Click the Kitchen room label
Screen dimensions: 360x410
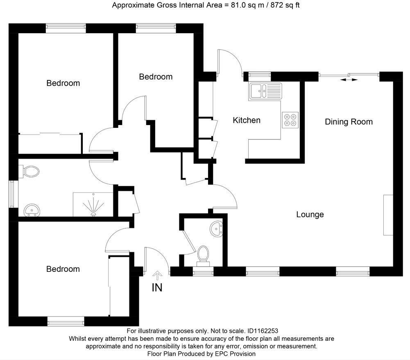[x=247, y=120]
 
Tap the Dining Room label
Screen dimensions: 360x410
[x=349, y=122]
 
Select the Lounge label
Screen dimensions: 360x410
[x=310, y=214]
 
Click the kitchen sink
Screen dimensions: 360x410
[x=265, y=91]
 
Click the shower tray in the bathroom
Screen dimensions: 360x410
[x=93, y=204]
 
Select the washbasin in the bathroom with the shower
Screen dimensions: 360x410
[x=32, y=210]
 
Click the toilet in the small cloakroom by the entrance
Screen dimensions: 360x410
[x=202, y=253]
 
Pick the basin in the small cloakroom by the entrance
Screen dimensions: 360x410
[x=216, y=228]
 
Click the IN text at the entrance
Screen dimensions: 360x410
[x=157, y=288]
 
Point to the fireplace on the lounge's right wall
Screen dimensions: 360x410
[x=388, y=215]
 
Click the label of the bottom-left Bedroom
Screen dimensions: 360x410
[x=63, y=269]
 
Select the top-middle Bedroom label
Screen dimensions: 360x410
[x=156, y=77]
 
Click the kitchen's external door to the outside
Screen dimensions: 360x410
[x=229, y=62]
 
